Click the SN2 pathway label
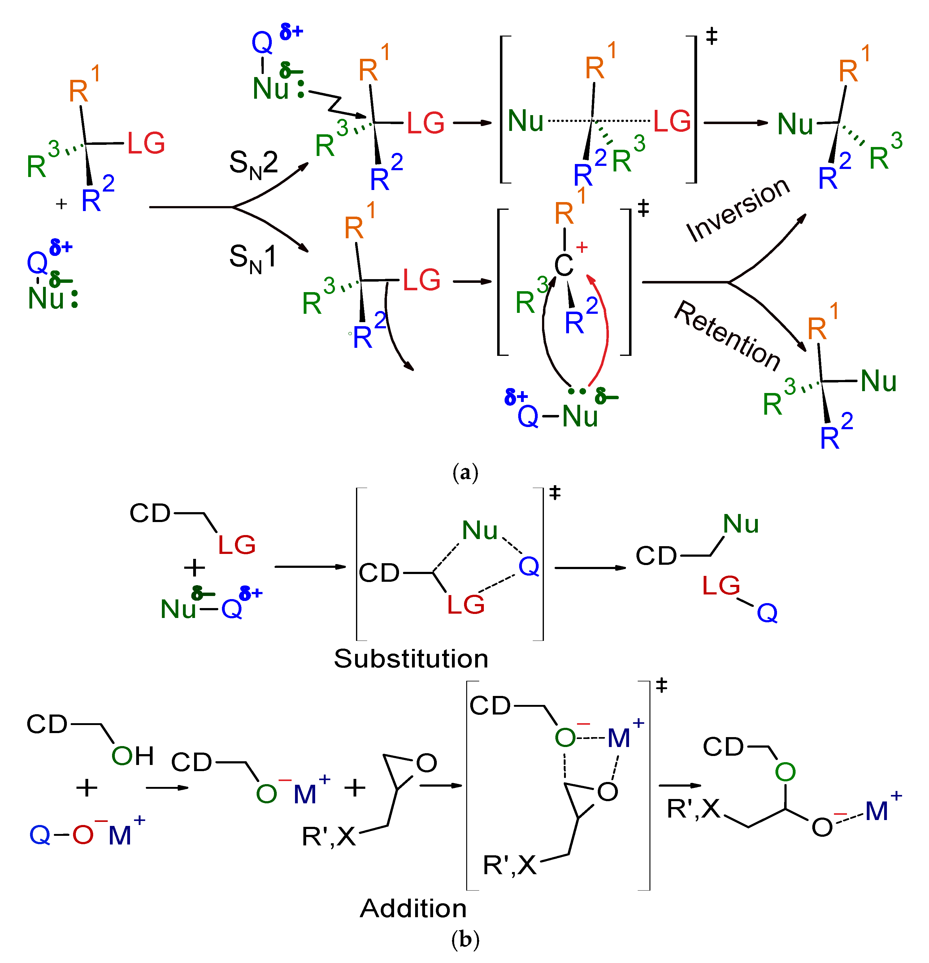[253, 164]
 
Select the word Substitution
[411, 659]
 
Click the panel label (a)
[464, 473]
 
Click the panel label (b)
[464, 939]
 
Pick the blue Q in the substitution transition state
[529, 567]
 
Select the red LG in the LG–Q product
[721, 586]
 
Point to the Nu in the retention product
[878, 381]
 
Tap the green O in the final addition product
[785, 772]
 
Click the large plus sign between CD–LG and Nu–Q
[194, 568]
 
